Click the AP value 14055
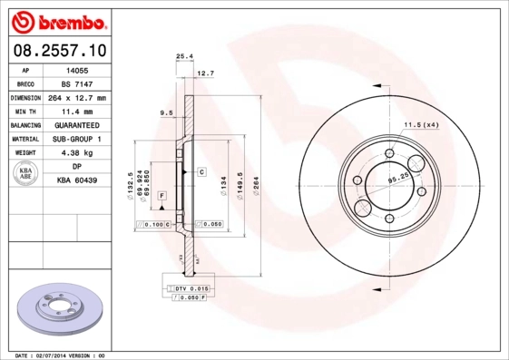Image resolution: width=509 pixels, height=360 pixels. (x=77, y=69)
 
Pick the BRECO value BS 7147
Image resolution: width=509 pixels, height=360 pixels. (x=77, y=83)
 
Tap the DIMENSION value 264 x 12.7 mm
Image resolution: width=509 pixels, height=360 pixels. (x=77, y=97)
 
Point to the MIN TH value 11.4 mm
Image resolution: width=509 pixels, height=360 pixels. (x=77, y=111)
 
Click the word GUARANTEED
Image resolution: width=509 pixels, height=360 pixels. (x=77, y=125)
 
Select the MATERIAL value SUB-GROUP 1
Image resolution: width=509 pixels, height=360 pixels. (x=77, y=139)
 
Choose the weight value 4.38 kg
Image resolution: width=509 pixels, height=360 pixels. (x=77, y=153)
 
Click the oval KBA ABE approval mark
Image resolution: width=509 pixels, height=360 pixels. (x=26, y=174)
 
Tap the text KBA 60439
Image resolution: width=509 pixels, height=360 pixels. (x=77, y=181)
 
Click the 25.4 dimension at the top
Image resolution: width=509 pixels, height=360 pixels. (x=184, y=56)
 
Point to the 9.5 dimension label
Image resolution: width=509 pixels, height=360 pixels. (x=166, y=112)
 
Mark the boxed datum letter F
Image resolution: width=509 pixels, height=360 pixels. (x=161, y=196)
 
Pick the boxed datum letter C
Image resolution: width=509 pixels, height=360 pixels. (x=201, y=171)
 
